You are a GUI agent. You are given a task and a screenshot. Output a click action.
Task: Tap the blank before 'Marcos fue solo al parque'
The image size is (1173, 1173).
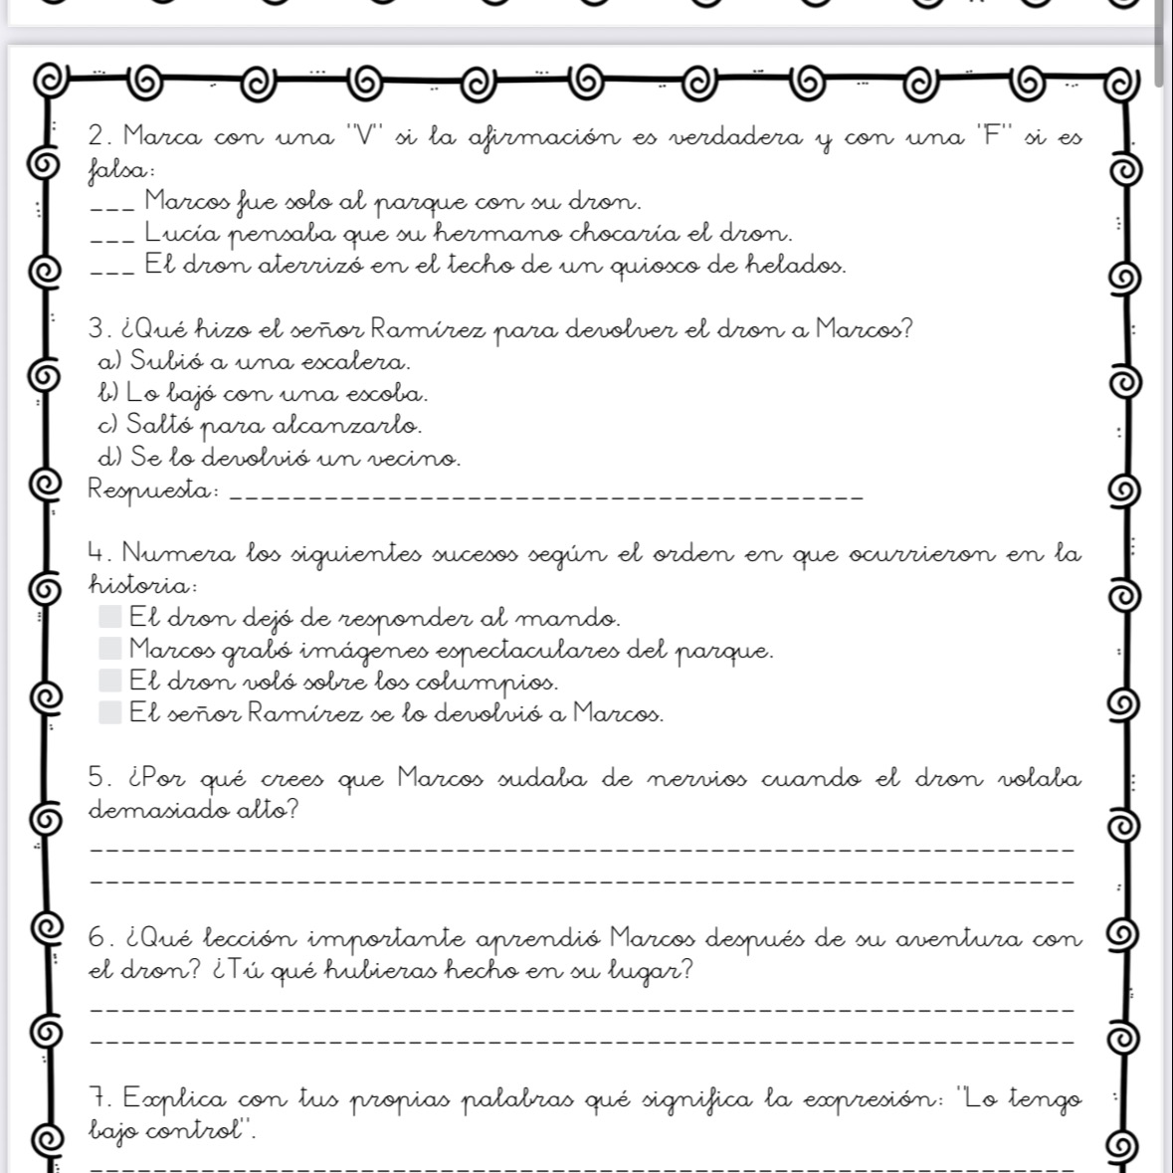pos(111,208)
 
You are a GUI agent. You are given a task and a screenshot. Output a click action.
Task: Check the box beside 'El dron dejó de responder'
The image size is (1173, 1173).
pos(110,617)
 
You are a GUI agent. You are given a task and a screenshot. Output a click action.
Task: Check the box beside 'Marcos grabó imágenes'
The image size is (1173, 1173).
pos(110,649)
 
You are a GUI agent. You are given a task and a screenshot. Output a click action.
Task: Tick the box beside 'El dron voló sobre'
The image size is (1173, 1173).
pos(110,681)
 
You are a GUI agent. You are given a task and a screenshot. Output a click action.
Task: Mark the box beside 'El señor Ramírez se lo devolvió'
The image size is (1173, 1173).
pos(110,712)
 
